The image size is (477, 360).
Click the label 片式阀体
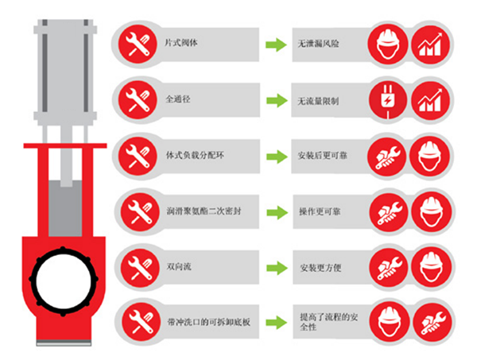point(181,43)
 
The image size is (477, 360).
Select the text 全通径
point(178,99)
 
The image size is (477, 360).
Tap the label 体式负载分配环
point(195,155)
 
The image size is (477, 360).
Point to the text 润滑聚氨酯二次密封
point(204,211)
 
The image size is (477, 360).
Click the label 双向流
point(179,267)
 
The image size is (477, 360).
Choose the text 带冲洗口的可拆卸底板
point(208,322)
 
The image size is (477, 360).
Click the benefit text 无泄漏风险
point(318,44)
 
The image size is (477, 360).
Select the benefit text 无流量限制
point(318,101)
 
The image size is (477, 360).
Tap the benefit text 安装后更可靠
point(323,156)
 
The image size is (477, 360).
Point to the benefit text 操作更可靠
point(320,211)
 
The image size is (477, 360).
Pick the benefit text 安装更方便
point(320,268)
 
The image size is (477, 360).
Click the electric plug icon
point(388,100)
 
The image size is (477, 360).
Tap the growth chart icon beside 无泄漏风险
point(430,45)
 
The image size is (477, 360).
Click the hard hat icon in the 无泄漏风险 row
point(388,45)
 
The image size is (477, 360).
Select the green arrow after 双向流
point(277,268)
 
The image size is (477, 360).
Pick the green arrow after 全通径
point(277,100)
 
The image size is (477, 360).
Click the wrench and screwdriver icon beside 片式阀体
point(138,44)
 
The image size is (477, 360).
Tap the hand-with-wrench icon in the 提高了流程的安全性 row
point(432,323)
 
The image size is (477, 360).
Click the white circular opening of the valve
point(64,281)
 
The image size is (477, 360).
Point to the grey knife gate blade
point(65,208)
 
